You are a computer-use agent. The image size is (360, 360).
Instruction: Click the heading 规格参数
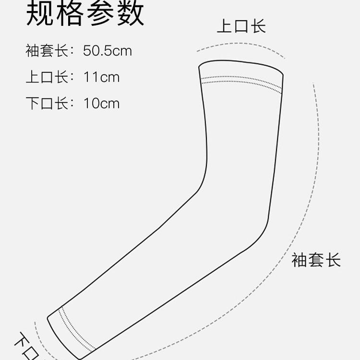[x=84, y=14]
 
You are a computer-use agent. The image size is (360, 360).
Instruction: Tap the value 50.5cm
[x=107, y=51]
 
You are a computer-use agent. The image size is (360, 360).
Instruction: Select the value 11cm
[x=101, y=77]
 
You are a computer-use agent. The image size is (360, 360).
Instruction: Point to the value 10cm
[x=101, y=103]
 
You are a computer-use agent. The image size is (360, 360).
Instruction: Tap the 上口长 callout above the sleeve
[x=241, y=26]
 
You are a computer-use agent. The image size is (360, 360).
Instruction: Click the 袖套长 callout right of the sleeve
[x=316, y=260]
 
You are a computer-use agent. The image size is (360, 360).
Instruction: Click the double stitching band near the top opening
[x=241, y=81]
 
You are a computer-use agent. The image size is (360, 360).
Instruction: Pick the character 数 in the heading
[x=130, y=14]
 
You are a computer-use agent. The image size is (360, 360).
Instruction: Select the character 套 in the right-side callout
[x=316, y=260]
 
